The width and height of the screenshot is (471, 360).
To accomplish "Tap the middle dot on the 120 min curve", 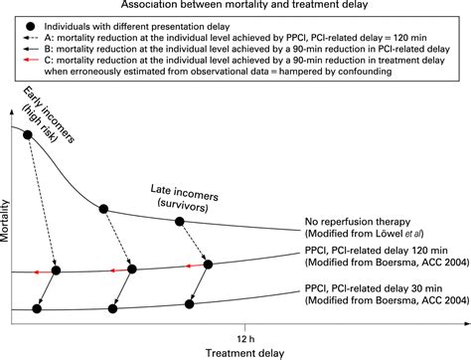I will click(x=132, y=269).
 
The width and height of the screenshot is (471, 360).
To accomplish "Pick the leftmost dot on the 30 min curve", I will click(x=37, y=308).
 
